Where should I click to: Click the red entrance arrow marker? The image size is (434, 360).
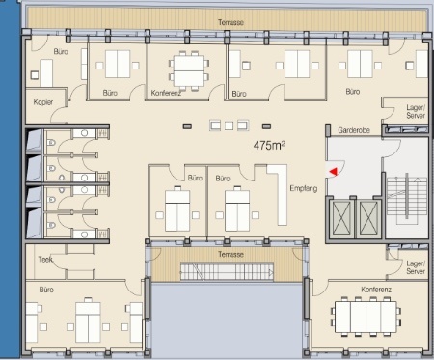click(334, 172)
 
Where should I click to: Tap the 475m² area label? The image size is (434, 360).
click(269, 145)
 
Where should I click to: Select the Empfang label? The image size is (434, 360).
click(304, 188)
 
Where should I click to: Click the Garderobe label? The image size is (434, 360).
click(354, 130)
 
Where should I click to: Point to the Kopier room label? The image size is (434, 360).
click(43, 102)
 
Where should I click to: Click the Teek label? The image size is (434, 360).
click(45, 259)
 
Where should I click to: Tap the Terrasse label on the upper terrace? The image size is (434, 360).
click(231, 22)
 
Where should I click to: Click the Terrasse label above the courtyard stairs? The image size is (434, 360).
click(231, 254)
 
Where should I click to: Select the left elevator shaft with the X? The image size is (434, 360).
click(341, 217)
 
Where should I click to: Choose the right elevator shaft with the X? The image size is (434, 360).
click(368, 217)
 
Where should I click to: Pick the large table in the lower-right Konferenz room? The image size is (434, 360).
click(366, 317)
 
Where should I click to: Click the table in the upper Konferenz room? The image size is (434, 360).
click(189, 70)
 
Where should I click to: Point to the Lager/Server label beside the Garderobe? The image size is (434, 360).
click(416, 111)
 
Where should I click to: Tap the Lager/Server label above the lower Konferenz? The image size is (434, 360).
click(416, 267)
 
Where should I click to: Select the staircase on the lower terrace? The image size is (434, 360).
click(227, 271)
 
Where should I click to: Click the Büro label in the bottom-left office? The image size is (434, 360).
click(46, 290)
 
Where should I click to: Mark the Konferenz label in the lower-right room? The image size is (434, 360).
click(376, 290)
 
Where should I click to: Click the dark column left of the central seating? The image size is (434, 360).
click(187, 126)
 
